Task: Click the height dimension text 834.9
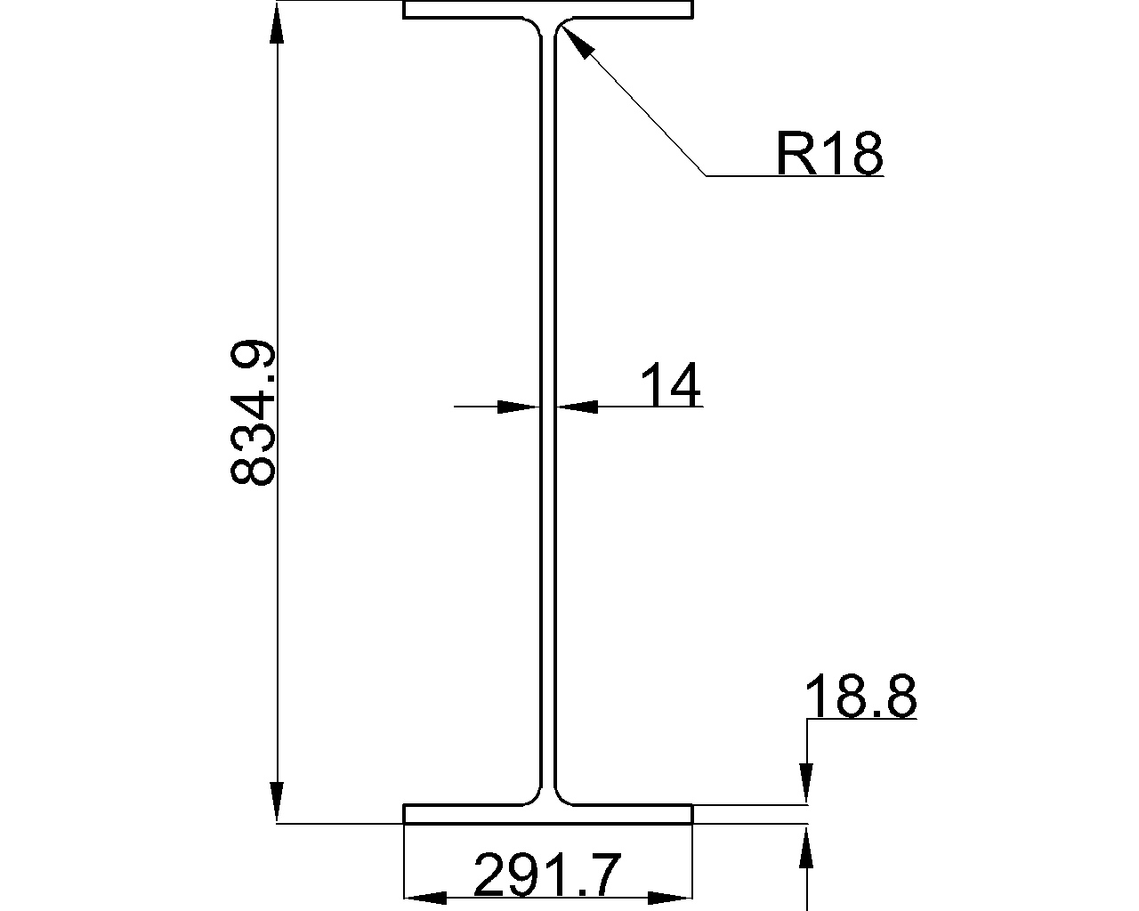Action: click(253, 413)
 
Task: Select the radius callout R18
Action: click(828, 154)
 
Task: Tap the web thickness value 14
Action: click(670, 384)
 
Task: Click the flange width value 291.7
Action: click(546, 875)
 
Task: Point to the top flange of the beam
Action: click(548, 10)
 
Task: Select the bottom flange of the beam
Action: click(548, 814)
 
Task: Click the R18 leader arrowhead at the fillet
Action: click(573, 40)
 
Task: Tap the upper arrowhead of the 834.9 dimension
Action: click(278, 23)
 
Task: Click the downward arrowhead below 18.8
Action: click(806, 783)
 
